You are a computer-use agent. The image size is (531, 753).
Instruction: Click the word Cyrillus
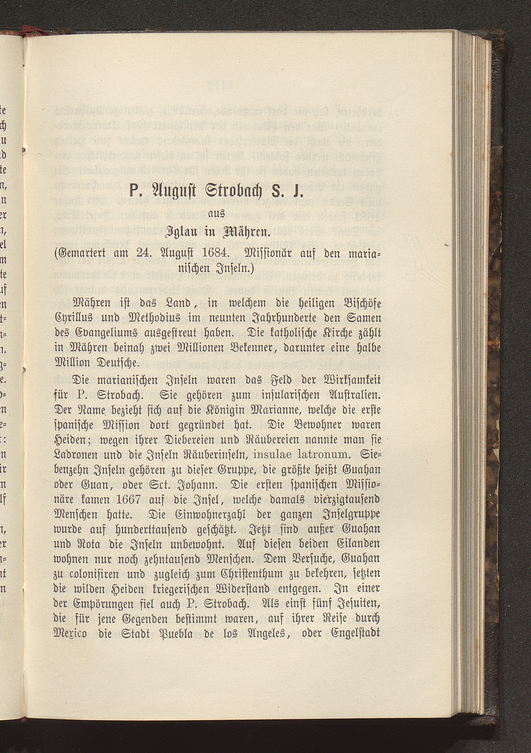pyautogui.click(x=77, y=318)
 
